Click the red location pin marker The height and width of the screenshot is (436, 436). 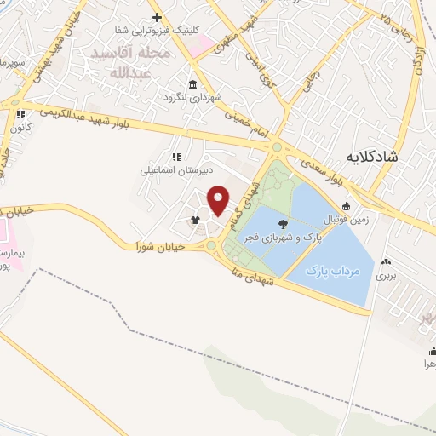click(219, 199)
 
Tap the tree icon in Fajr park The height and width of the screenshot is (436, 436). click(283, 225)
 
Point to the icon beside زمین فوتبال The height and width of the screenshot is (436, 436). click(347, 206)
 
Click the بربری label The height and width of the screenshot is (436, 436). click(388, 276)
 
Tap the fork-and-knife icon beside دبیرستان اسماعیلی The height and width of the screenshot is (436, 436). click(177, 157)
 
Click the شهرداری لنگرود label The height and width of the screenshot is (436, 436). click(193, 98)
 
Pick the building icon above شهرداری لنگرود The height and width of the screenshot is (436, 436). click(193, 84)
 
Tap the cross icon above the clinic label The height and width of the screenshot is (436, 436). click(157, 17)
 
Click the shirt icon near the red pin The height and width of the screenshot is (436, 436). click(196, 220)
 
